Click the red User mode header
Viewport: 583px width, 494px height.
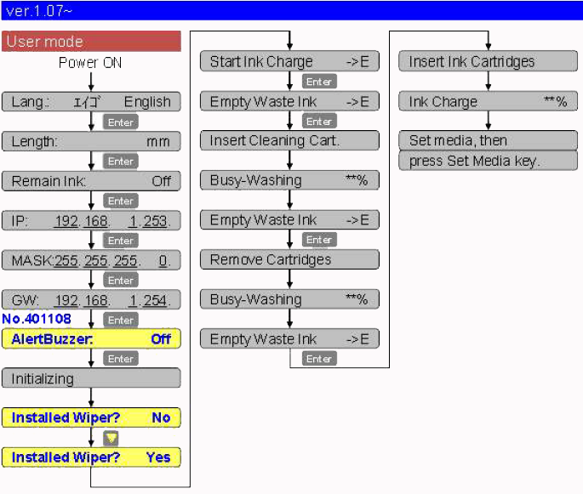[x=91, y=42]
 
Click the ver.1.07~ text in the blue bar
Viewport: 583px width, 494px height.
[x=37, y=10]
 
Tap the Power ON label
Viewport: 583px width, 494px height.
[x=90, y=63]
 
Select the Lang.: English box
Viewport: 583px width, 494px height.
[x=91, y=102]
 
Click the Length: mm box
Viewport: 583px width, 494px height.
[x=91, y=141]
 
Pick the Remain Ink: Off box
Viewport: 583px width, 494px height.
[x=91, y=181]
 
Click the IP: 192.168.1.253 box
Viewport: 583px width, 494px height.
[x=91, y=221]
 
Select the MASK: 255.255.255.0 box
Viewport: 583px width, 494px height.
[x=91, y=260]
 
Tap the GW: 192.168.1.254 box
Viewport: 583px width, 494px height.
[x=91, y=300]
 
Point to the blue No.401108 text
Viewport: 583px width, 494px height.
[x=37, y=320]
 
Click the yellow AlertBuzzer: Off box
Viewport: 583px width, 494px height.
[x=91, y=338]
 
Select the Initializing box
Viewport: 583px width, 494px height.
[x=91, y=378]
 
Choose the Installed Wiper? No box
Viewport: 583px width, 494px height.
[x=91, y=417]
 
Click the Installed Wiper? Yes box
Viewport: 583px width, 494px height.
[x=91, y=457]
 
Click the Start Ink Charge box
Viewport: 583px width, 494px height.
[x=289, y=62]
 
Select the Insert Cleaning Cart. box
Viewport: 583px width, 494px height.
[x=289, y=141]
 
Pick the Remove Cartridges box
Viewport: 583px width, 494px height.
[x=289, y=259]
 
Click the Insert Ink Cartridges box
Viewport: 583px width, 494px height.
[x=488, y=62]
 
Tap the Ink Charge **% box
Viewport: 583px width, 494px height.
[x=488, y=102]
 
